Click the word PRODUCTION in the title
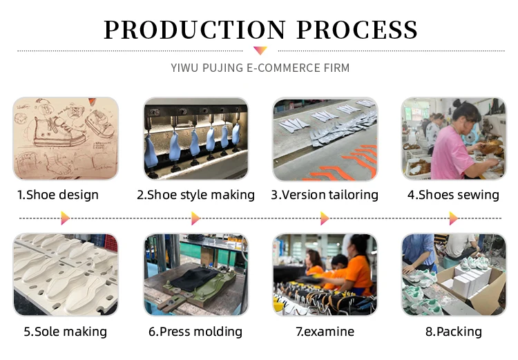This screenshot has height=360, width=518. point(194,30)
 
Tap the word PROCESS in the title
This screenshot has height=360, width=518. point(356,30)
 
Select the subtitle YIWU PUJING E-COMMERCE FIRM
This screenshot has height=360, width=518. point(260,68)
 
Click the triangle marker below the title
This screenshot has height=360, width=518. point(260,50)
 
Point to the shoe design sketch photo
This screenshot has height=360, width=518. point(66,138)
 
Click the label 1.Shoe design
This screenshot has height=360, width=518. point(58,195)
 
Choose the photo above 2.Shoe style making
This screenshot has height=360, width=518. point(195,138)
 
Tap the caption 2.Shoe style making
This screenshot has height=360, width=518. point(195,195)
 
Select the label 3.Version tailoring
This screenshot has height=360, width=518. point(325,195)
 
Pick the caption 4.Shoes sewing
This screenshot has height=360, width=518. point(453,195)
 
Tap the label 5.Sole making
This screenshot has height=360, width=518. point(66,332)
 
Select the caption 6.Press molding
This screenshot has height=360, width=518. point(195,332)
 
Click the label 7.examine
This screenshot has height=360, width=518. point(325,332)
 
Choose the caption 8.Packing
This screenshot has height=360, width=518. point(453,332)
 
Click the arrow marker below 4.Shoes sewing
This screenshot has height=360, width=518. point(453,218)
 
